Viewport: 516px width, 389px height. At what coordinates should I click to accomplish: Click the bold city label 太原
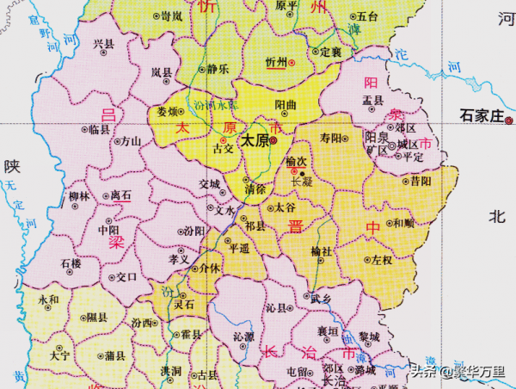pyautogui.click(x=253, y=139)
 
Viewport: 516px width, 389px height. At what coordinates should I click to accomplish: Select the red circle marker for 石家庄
pyautogui.click(x=508, y=121)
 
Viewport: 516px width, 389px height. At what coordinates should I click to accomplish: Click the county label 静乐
pyautogui.click(x=218, y=69)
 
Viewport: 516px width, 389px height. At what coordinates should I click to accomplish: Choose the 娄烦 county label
pyautogui.click(x=169, y=112)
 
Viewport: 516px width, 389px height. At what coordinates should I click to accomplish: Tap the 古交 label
pyautogui.click(x=223, y=148)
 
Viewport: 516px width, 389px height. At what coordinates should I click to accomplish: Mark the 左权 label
pyautogui.click(x=381, y=259)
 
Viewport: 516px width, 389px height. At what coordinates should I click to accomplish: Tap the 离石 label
pyautogui.click(x=121, y=196)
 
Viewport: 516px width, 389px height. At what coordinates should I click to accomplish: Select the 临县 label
pyautogui.click(x=100, y=129)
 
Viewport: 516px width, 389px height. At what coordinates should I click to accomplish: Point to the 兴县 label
pyautogui.click(x=104, y=44)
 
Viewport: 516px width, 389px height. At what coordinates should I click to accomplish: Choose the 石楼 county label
pyautogui.click(x=71, y=262)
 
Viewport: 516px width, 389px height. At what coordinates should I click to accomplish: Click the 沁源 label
pyautogui.click(x=243, y=336)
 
